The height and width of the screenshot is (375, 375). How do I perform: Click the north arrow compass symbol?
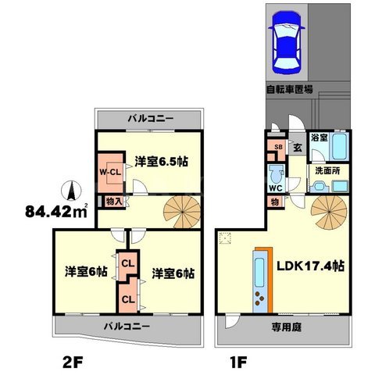(69, 190)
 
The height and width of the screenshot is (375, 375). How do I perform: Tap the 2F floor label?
(74, 361)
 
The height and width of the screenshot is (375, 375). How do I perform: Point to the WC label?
(275, 188)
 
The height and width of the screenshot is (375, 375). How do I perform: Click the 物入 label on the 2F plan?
(113, 201)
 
